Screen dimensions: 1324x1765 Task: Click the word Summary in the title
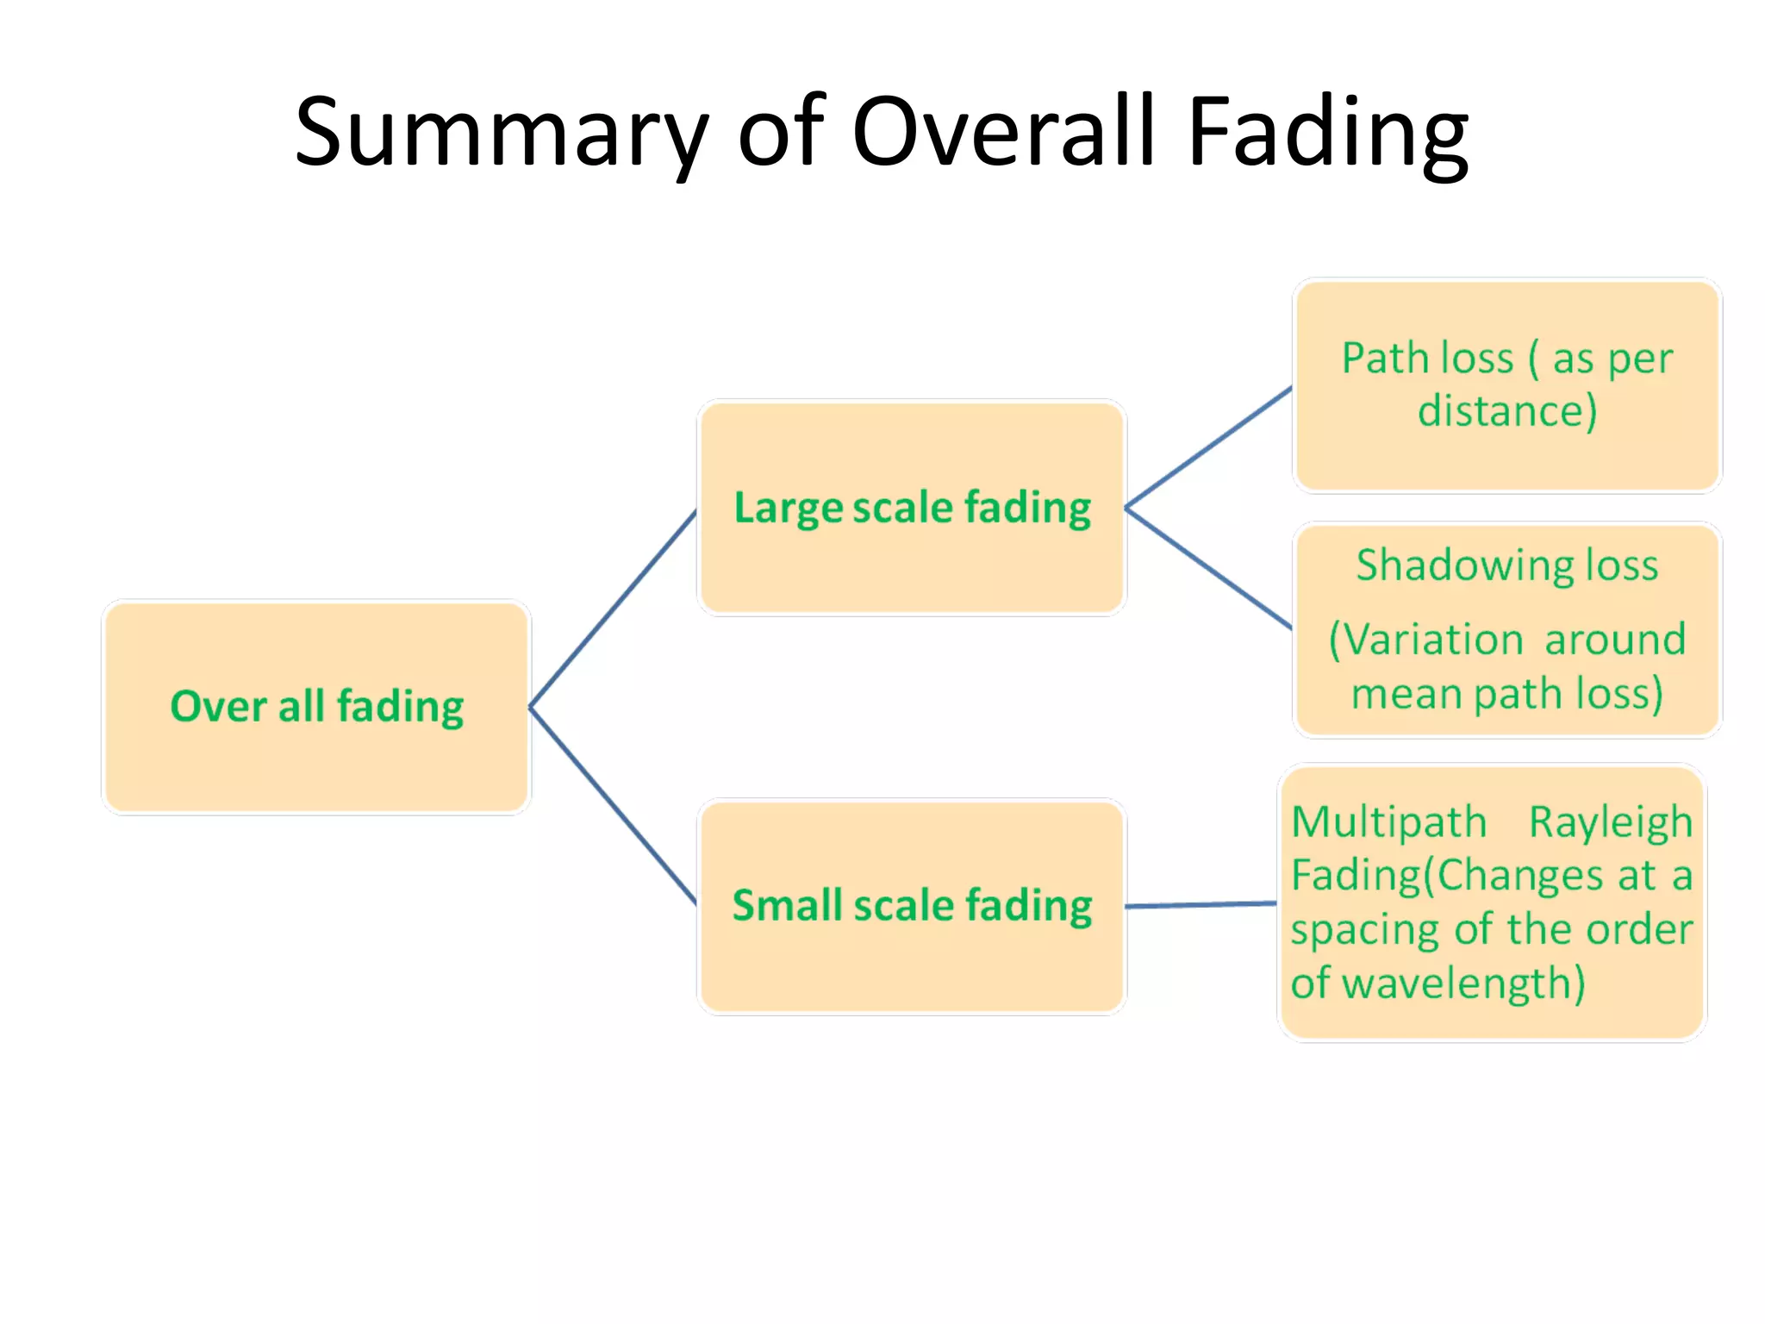pyautogui.click(x=500, y=134)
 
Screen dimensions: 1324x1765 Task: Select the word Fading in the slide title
pyautogui.click(x=1327, y=134)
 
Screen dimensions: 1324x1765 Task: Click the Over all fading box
pyautogui.click(x=316, y=759)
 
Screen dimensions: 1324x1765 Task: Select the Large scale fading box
pyautogui.click(x=912, y=560)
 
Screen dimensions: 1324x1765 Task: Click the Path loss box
pyautogui.click(x=1506, y=457)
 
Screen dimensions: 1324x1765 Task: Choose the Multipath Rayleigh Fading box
pyautogui.click(x=1491, y=1017)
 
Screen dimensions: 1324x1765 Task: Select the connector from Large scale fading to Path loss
pyautogui.click(x=1208, y=447)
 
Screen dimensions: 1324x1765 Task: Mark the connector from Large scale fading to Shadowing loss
pyautogui.click(x=1208, y=568)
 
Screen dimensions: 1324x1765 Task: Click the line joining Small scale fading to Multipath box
pyautogui.click(x=1201, y=905)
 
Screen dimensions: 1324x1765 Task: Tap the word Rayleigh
pyautogui.click(x=1610, y=823)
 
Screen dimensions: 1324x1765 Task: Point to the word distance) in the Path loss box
pyautogui.click(x=1507, y=410)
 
